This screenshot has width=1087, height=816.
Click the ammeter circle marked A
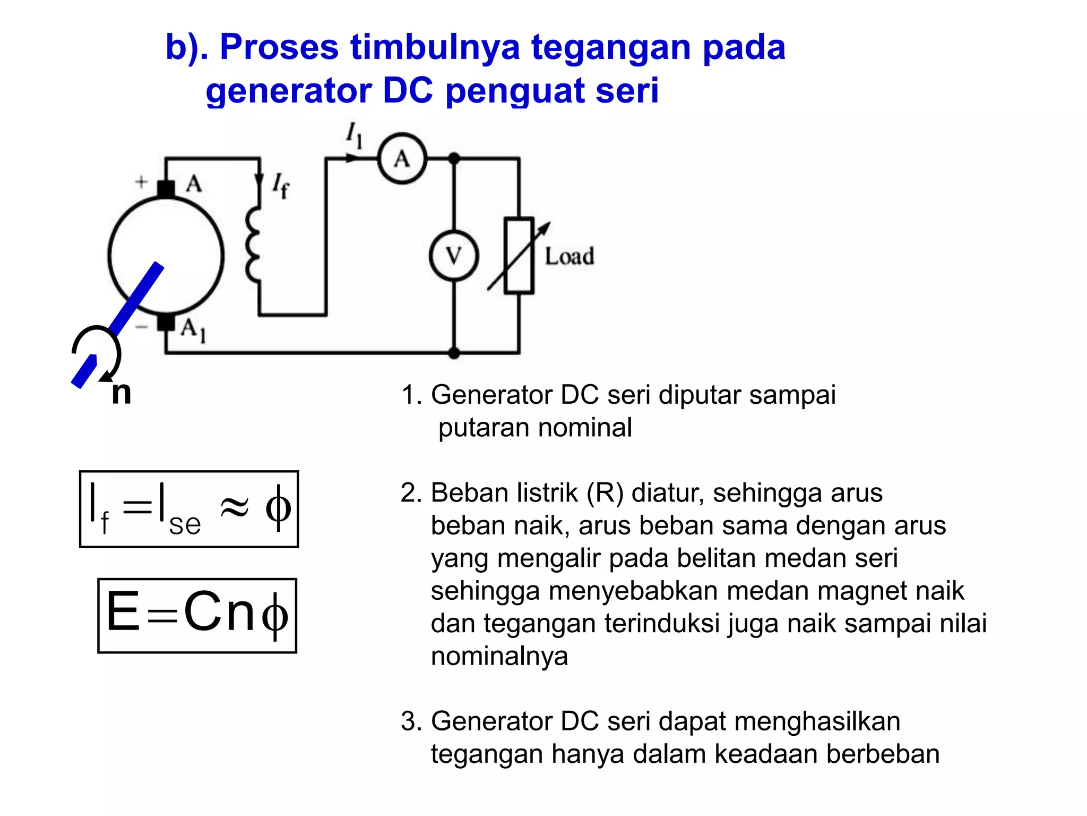click(402, 158)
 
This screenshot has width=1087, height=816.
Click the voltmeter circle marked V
click(454, 256)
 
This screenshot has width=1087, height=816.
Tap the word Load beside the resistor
click(569, 257)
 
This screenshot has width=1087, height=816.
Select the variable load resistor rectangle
click(519, 256)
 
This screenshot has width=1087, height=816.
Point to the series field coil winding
click(254, 244)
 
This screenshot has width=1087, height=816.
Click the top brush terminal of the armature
click(166, 189)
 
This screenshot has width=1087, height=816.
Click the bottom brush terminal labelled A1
click(166, 322)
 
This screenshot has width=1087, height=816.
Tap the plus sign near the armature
click(141, 182)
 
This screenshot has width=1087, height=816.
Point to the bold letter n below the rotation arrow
click(121, 393)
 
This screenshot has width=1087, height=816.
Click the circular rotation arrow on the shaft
click(97, 351)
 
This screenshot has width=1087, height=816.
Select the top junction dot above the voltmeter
click(454, 158)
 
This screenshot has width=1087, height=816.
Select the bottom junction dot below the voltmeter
click(454, 353)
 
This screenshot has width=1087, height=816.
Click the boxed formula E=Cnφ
click(197, 615)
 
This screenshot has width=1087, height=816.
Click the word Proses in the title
click(279, 47)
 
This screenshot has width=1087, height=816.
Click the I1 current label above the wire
click(355, 135)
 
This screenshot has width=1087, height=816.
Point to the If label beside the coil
click(281, 186)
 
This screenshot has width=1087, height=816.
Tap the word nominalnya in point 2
click(499, 657)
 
